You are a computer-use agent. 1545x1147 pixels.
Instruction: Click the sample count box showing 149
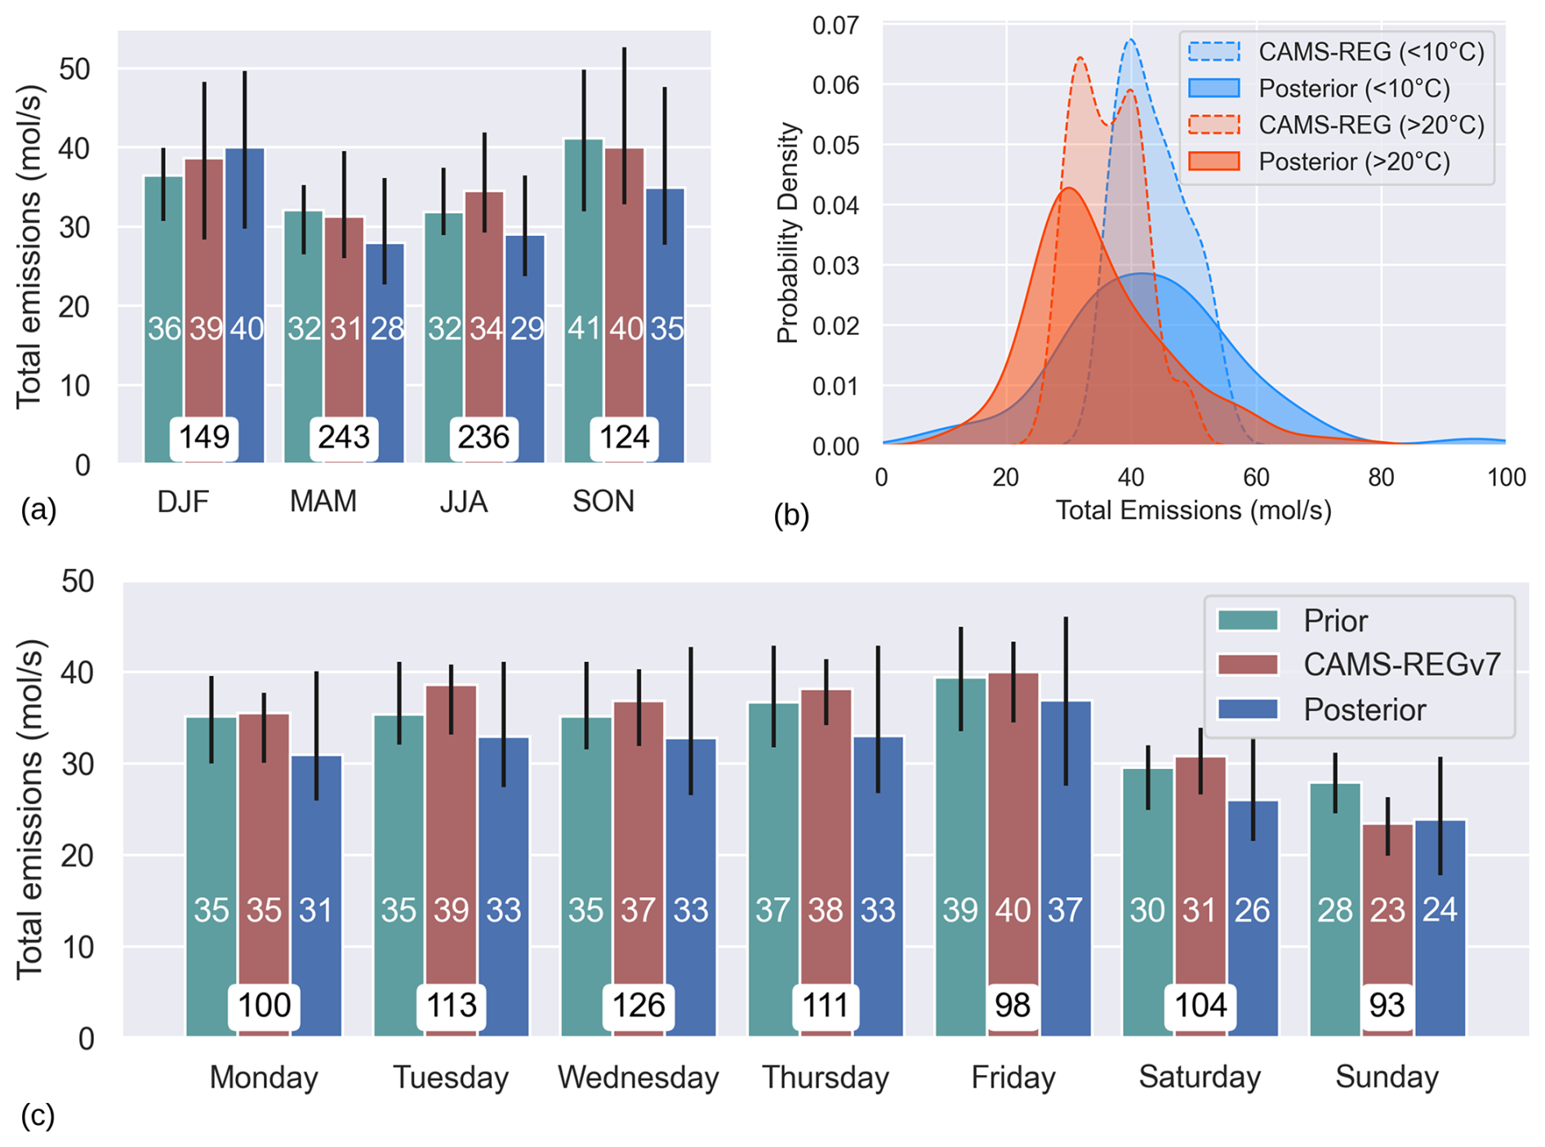204,438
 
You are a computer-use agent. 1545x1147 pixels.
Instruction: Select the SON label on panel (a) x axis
603,501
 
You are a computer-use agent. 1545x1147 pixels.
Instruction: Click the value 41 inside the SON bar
584,329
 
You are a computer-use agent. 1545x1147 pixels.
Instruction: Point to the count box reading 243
344,438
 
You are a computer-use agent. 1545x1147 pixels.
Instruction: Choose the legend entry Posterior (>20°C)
1354,162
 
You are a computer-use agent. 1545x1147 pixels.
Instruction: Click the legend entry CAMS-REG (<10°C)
1371,52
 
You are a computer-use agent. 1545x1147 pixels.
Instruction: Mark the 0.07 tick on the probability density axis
835,26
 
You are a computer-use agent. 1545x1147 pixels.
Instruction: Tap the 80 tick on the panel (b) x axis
1381,478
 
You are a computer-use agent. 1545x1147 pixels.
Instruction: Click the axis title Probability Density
787,233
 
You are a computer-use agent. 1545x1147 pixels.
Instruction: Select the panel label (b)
791,515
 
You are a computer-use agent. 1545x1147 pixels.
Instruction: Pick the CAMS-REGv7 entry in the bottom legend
1401,665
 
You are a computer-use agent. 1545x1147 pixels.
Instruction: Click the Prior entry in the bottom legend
1334,621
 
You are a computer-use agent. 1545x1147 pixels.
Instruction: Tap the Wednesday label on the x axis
638,1078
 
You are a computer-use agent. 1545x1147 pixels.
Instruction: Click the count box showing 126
638,1005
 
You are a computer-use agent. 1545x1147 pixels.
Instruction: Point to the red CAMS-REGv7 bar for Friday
1013,816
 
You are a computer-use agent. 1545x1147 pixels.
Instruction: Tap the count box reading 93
1387,1005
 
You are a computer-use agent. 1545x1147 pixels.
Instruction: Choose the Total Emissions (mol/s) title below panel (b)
1193,511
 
